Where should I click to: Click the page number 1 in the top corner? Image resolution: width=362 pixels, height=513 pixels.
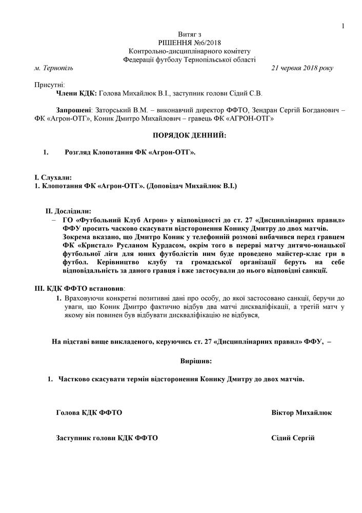(343, 26)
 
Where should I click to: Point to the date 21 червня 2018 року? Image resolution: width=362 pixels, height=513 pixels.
(302, 68)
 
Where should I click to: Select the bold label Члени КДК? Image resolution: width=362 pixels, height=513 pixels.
(75, 93)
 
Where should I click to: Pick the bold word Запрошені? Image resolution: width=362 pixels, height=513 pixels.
(73, 110)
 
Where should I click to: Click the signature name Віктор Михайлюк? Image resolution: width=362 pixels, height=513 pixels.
(301, 412)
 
